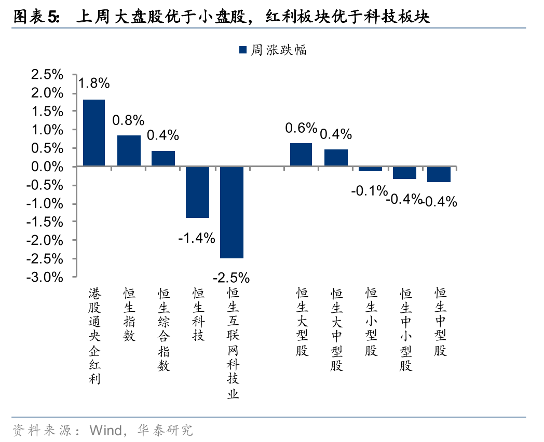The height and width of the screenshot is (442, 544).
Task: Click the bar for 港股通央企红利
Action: [94, 133]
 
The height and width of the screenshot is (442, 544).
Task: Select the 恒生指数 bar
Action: [129, 151]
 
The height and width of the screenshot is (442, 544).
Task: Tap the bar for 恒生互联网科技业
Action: [232, 212]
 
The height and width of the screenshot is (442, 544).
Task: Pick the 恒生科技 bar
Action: [198, 192]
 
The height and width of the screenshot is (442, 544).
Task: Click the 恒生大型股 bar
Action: [301, 155]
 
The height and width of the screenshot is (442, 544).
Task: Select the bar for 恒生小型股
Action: [370, 169]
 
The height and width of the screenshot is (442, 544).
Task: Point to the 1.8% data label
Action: [94, 82]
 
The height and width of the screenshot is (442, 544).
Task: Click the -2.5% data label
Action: [232, 277]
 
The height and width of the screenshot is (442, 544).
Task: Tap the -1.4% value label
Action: [196, 238]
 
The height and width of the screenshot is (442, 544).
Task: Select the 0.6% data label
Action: [301, 128]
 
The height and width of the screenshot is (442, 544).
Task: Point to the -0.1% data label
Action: [369, 191]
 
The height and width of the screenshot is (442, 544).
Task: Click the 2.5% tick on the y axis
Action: [47, 75]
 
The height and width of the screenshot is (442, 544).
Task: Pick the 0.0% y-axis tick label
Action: [47, 167]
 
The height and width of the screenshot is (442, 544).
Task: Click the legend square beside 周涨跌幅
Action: [242, 50]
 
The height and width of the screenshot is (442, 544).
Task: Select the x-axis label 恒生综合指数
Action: [164, 329]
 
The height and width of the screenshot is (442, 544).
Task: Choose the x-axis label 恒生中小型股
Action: [405, 329]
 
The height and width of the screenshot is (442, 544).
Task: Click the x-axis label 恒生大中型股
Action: [336, 329]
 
